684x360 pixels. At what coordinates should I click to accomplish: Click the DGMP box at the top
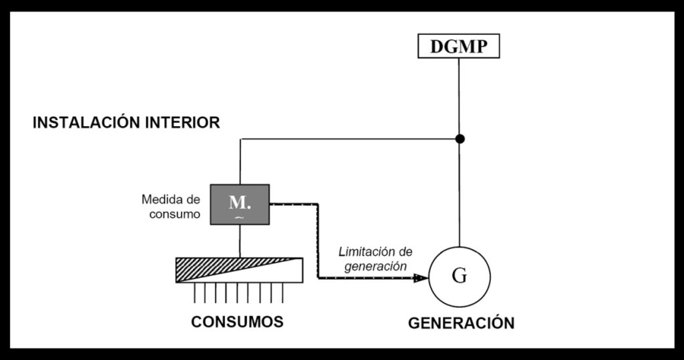coord(459,46)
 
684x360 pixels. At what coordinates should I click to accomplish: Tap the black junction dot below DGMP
coord(459,139)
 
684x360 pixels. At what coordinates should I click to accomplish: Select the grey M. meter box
coord(240,204)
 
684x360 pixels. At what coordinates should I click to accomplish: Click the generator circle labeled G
coord(459,277)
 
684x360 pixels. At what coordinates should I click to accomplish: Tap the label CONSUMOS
coord(237,321)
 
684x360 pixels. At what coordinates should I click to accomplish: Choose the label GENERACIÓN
coord(461,323)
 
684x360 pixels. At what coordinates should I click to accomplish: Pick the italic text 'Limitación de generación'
coord(375,258)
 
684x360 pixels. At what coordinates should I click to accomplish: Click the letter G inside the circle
coord(459,277)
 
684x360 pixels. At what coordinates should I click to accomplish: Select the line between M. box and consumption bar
coord(240,241)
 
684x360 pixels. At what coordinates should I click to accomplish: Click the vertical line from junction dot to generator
coord(459,194)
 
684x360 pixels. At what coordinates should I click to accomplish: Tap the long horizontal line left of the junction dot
coord(347,139)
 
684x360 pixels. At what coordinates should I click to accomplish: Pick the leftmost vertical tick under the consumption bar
coord(194,292)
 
